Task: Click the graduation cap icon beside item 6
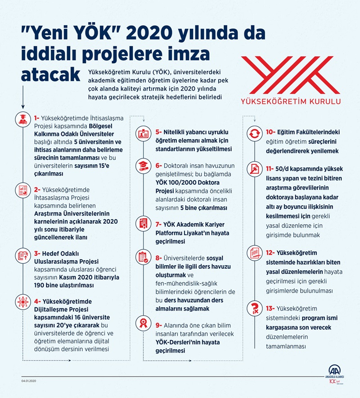[143, 165]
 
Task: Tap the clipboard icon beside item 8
[143, 258]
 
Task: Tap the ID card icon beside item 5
[143, 133]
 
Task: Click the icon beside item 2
[22, 189]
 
